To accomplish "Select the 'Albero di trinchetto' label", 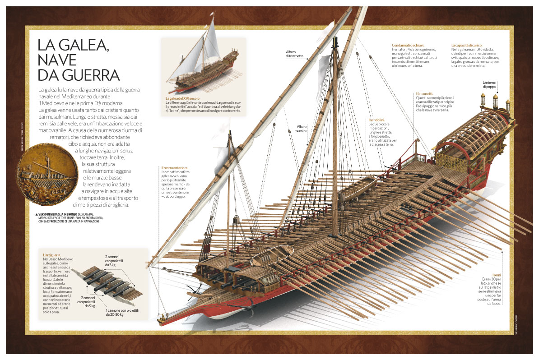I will [294, 54].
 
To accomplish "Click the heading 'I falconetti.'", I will [425, 93].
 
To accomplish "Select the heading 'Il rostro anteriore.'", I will [175, 168].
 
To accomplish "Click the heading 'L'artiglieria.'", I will [52, 255].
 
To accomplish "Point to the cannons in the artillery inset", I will [107, 282].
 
